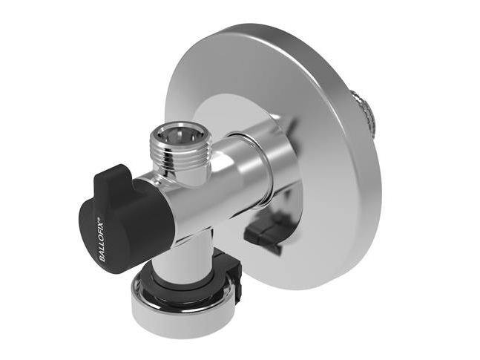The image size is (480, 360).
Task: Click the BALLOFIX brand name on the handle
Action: (102, 239)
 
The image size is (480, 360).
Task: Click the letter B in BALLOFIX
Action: (103, 259)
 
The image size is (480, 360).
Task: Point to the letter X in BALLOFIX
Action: (101, 223)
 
